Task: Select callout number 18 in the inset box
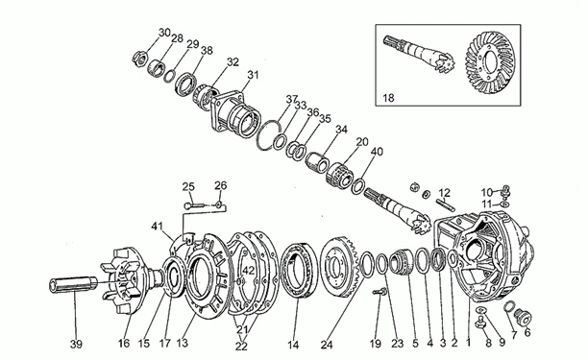coord(387,97)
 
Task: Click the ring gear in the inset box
coord(492,61)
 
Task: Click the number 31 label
coord(253,75)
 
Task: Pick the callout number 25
coord(188,185)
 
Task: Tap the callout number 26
coord(220,185)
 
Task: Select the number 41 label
coord(183,227)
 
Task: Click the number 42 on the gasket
coord(248,272)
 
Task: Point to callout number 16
coord(124,342)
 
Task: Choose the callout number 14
coord(292,342)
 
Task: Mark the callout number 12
coord(444,192)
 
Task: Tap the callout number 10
coord(487,191)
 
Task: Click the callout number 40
coord(376,151)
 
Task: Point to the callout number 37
coord(292,99)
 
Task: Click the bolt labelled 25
coord(198,204)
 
